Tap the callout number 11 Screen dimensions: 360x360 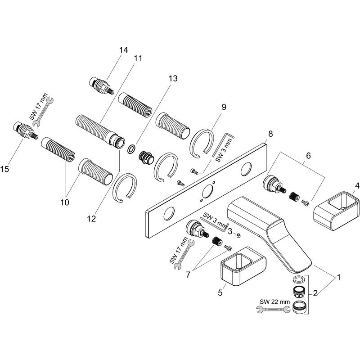pyautogui.click(x=138, y=58)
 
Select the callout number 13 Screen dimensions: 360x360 pyautogui.click(x=173, y=78)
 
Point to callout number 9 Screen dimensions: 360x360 pyautogui.click(x=224, y=107)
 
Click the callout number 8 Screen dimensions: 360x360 pyautogui.click(x=270, y=134)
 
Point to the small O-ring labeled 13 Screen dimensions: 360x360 pyautogui.click(x=131, y=149)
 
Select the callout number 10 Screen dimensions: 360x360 pyautogui.click(x=65, y=202)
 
